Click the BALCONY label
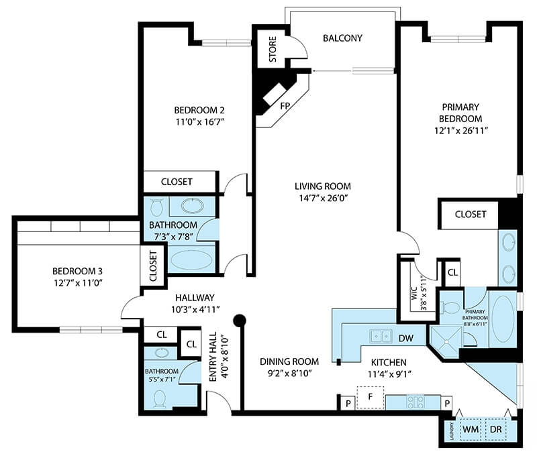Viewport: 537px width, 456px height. [342, 38]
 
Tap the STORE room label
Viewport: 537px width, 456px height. [273, 49]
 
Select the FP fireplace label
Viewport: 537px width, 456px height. [285, 106]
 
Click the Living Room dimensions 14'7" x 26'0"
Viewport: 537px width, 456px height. [324, 198]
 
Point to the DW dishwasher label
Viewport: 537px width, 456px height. [406, 339]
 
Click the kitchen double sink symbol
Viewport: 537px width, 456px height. [381, 335]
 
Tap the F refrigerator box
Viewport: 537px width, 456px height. [371, 397]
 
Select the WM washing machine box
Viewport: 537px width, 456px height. [471, 429]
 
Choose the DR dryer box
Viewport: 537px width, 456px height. [496, 429]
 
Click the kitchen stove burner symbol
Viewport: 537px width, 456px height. [416, 401]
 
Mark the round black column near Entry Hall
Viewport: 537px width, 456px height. [240, 321]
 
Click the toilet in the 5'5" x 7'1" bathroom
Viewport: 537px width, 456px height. [160, 398]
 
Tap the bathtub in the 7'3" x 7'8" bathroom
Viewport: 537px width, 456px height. [192, 260]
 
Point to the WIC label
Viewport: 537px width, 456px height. [414, 294]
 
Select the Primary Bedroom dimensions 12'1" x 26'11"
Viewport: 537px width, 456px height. [461, 131]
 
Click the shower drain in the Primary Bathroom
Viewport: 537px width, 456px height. [446, 341]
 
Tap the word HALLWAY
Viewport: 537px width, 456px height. [195, 298]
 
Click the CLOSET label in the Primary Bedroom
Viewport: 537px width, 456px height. [471, 215]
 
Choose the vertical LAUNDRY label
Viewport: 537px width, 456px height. [452, 432]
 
